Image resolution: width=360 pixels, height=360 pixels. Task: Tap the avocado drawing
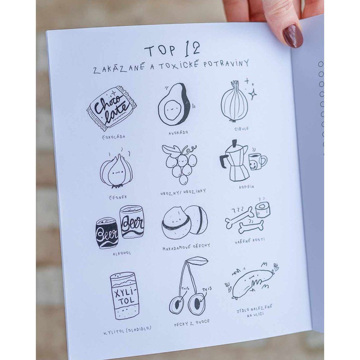[174, 104]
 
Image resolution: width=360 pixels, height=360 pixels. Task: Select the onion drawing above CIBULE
[234, 101]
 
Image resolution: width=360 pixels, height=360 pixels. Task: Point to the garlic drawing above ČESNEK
[116, 171]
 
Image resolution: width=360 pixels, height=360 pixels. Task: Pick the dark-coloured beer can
[107, 233]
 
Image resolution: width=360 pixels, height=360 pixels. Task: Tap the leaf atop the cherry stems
[199, 261]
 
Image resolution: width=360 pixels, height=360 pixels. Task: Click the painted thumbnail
[293, 36]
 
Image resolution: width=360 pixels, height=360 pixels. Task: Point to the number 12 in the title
[192, 48]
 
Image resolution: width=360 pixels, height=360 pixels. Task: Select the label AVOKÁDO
[178, 133]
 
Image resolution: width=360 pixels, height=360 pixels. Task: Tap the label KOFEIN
[246, 187]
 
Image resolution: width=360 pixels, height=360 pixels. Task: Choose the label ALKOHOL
[122, 253]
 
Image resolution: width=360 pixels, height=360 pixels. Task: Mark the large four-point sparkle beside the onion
[253, 94]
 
